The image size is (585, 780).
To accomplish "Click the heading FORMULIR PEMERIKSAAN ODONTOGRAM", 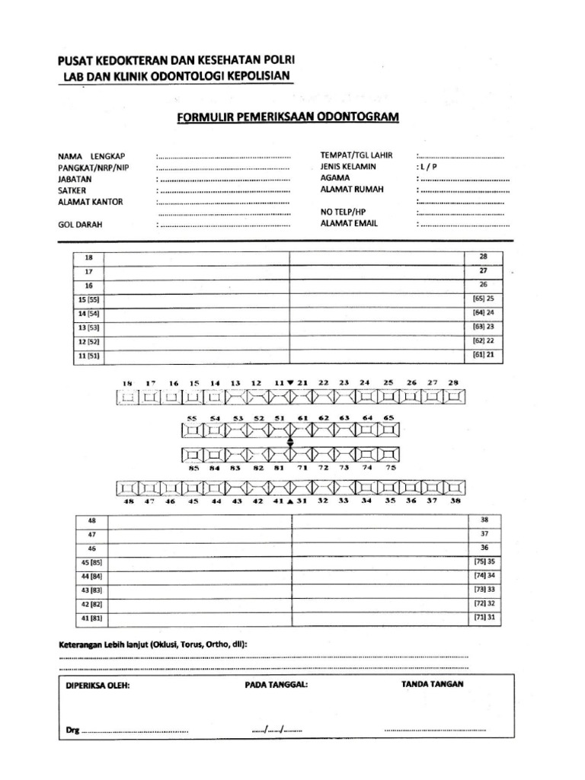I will coord(288,117).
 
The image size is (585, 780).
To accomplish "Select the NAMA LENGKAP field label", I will coord(85,156).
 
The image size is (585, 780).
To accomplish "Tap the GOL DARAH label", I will coord(80,225).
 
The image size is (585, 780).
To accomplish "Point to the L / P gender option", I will coord(427,167).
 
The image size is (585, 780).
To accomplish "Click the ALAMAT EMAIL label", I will coord(349,223).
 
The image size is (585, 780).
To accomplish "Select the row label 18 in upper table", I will coord(88,257).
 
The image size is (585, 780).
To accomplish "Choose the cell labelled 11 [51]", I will coord(88,356).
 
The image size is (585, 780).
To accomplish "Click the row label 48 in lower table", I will coord(92,520).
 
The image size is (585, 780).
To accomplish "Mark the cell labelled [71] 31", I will coord(484,616).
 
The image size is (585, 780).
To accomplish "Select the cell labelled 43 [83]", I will coord(92,590).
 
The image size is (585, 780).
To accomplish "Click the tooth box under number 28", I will coord(456,397).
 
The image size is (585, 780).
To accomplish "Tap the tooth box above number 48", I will coord(128,487).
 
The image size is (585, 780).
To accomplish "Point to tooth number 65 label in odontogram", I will coord(388,418).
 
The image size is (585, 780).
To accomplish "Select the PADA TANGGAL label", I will coord(276,685).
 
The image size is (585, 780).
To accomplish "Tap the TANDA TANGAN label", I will coord(432,684).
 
